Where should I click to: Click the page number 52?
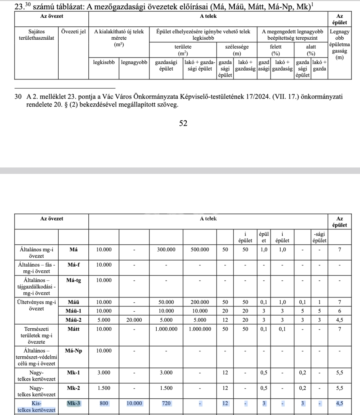coord(183,123)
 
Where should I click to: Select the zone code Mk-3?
coord(73,403)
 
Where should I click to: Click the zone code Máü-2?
coord(73,319)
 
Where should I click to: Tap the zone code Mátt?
coord(73,329)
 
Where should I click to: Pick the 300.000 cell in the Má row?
coord(166,250)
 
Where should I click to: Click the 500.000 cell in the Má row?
coord(200,250)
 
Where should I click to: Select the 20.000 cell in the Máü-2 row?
coord(134,319)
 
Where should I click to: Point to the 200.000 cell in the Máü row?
coord(200,302)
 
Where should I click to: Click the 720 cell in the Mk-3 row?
coord(166,403)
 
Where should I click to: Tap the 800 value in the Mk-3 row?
coord(104,403)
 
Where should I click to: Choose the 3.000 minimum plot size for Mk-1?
coord(104,372)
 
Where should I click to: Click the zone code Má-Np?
coord(73,351)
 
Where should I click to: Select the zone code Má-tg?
coord(73,280)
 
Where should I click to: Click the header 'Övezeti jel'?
coord(73,31)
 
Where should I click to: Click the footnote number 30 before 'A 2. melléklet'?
coord(17,97)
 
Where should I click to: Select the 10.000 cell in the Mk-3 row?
coord(134,403)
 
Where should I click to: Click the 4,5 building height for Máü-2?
coord(339,319)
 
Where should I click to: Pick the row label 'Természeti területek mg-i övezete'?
coord(36,335)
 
